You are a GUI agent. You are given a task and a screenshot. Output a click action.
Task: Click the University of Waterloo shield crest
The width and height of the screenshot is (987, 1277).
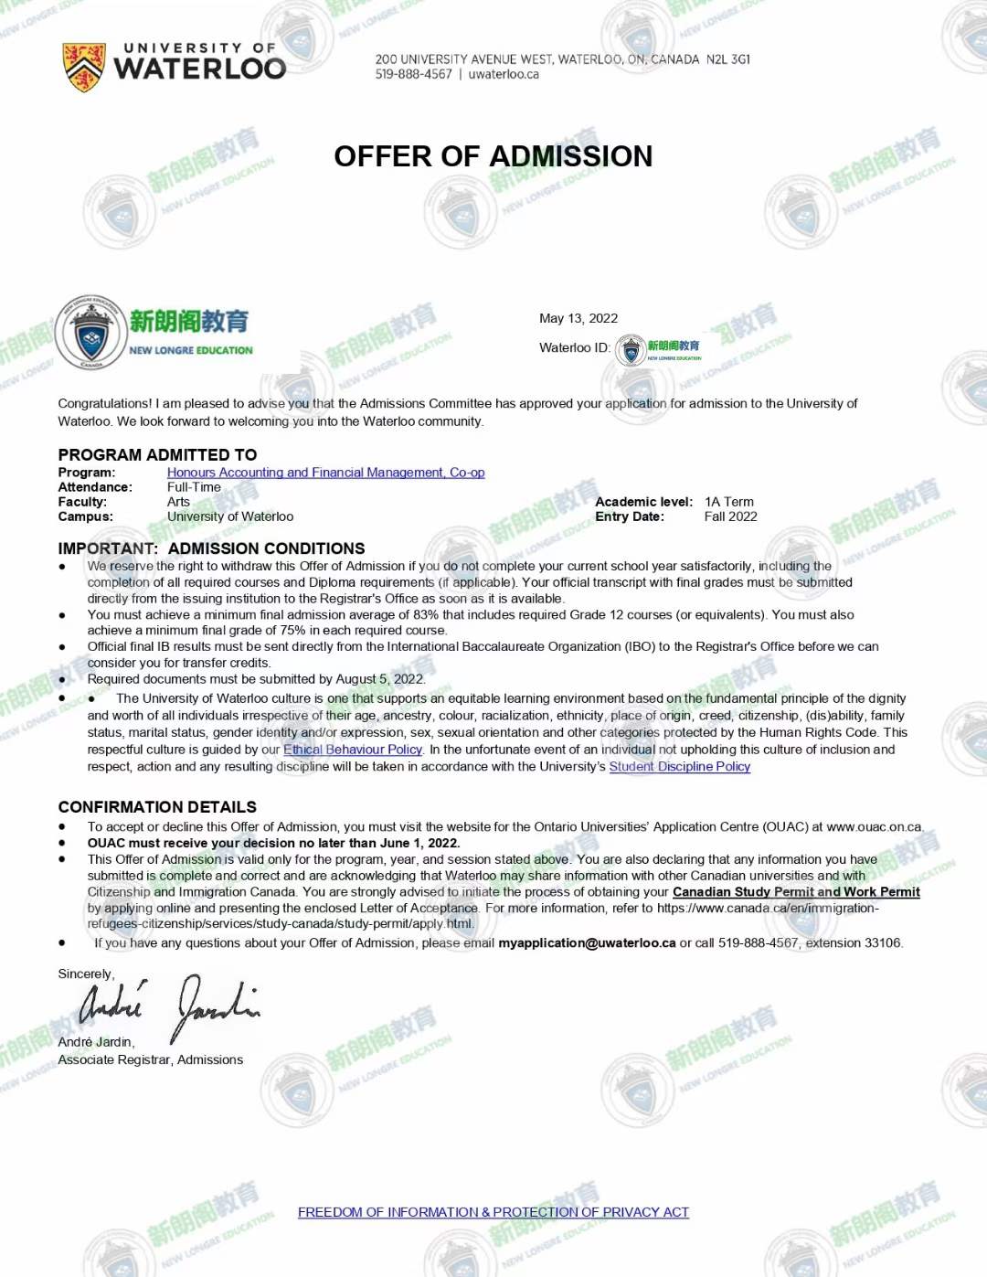click(83, 67)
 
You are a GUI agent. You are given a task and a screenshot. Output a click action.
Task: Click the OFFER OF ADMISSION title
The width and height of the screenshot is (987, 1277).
click(493, 156)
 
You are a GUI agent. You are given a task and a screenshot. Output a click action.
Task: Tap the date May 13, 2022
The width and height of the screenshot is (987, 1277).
click(578, 318)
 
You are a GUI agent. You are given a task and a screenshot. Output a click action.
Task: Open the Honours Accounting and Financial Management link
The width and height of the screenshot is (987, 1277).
click(325, 473)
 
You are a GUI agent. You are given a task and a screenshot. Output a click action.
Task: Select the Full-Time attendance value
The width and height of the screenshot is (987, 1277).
click(194, 487)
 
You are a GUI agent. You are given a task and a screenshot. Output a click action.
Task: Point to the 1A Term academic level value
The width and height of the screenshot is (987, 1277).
click(728, 502)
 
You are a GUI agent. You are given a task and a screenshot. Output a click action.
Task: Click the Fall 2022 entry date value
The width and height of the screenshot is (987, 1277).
click(730, 516)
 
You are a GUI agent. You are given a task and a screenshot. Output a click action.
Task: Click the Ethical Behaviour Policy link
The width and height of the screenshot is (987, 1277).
click(353, 750)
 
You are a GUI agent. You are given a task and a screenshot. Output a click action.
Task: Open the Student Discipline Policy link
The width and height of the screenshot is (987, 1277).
click(679, 767)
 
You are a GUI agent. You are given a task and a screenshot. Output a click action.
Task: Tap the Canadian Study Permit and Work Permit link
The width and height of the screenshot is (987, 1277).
click(796, 892)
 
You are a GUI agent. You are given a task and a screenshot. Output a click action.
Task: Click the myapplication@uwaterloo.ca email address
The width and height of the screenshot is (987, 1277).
click(587, 943)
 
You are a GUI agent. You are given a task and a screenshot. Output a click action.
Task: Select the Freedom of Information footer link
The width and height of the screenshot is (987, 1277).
click(493, 1212)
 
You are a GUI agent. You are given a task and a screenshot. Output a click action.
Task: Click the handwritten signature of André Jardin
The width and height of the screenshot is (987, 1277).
click(169, 1006)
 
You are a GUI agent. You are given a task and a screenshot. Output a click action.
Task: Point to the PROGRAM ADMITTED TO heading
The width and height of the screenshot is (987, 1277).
click(157, 454)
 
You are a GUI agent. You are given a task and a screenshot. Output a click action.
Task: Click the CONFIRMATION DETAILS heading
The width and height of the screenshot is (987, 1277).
click(157, 807)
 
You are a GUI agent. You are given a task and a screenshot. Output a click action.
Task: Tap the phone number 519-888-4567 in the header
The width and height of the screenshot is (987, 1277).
click(413, 75)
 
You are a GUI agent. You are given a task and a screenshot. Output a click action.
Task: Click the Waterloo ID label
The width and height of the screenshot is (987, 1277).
click(574, 348)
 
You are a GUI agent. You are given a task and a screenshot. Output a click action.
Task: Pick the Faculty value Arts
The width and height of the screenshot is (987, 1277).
click(178, 502)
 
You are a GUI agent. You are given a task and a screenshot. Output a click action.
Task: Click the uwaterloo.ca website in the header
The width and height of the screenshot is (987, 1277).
click(504, 75)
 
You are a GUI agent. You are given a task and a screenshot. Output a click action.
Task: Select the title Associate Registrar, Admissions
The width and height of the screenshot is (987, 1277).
click(150, 1059)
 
